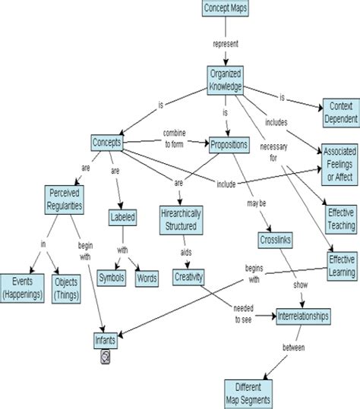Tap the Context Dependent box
(339, 112)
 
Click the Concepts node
(107, 142)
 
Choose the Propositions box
(232, 143)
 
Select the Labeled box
(123, 217)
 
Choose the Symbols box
(113, 277)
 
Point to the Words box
(147, 277)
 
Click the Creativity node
(188, 278)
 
